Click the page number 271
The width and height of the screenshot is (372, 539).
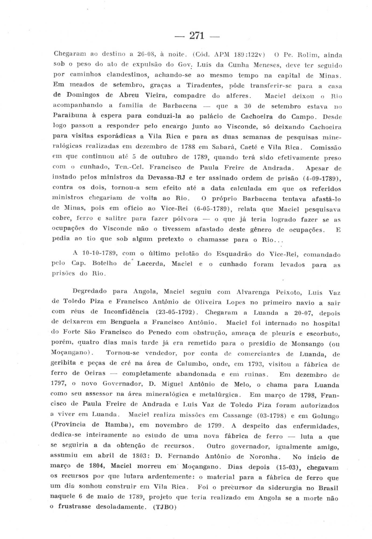click(x=197, y=35)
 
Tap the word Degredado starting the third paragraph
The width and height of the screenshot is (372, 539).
click(x=90, y=291)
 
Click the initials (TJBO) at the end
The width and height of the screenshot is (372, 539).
click(x=164, y=507)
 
